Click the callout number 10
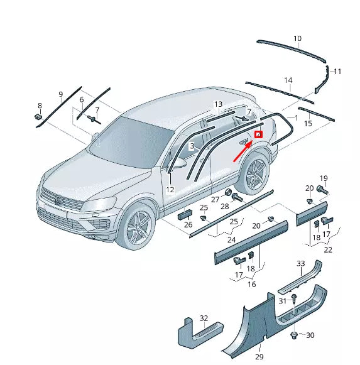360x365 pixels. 297,38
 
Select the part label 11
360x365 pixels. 337,72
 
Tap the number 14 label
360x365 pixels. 288,80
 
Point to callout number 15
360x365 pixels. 308,124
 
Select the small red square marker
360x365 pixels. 258,134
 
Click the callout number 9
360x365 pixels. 60,95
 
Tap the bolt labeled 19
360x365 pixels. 322,189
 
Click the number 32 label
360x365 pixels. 204,318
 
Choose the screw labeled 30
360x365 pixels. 294,336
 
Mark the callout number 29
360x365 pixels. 259,357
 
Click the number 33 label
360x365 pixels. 301,263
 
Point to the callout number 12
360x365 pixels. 170,189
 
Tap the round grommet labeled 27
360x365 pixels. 229,192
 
